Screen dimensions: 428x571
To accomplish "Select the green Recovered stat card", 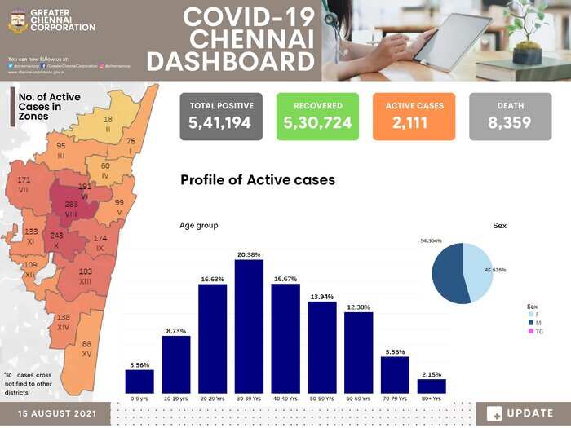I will (x=317, y=116).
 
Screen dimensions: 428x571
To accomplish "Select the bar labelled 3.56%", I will (x=139, y=381).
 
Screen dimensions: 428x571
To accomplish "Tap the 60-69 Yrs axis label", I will (x=359, y=399).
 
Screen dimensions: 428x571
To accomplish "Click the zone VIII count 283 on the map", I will (x=71, y=203).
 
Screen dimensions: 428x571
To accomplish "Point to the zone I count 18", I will (x=108, y=119).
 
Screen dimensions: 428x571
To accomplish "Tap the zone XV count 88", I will (x=86, y=344).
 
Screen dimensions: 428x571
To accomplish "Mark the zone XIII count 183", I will (x=85, y=271).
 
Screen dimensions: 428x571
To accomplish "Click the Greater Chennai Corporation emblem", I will (x=17, y=21).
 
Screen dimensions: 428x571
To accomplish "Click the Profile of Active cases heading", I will (x=257, y=180).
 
